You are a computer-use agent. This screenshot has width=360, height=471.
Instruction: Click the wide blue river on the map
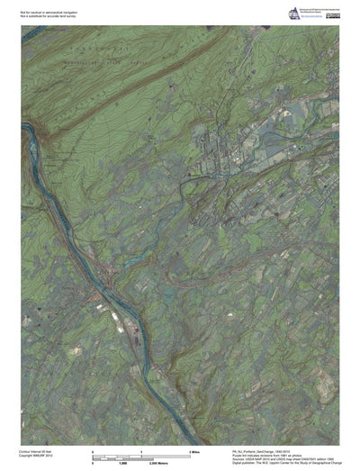coord(54,180)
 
